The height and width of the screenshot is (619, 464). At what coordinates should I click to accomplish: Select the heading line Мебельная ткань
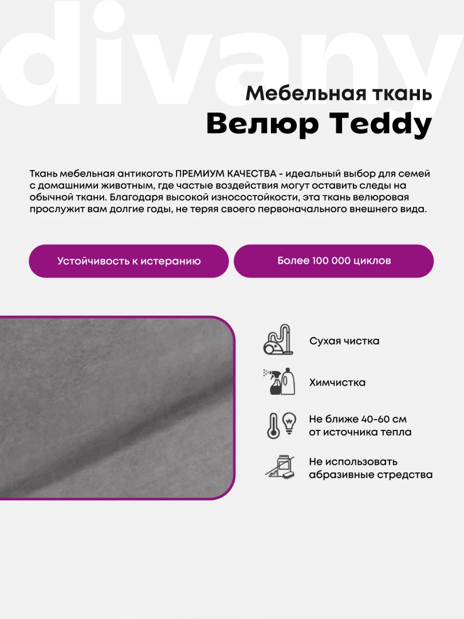[x=339, y=93]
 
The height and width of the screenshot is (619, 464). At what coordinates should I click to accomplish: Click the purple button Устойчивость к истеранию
[x=129, y=261]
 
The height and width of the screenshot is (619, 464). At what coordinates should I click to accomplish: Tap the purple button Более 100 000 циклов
[x=334, y=261]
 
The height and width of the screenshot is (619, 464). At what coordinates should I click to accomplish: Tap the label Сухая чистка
[x=344, y=341]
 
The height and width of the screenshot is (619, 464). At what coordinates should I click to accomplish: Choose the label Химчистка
[x=337, y=382]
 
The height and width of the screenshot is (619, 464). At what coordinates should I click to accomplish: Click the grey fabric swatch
[x=115, y=407]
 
